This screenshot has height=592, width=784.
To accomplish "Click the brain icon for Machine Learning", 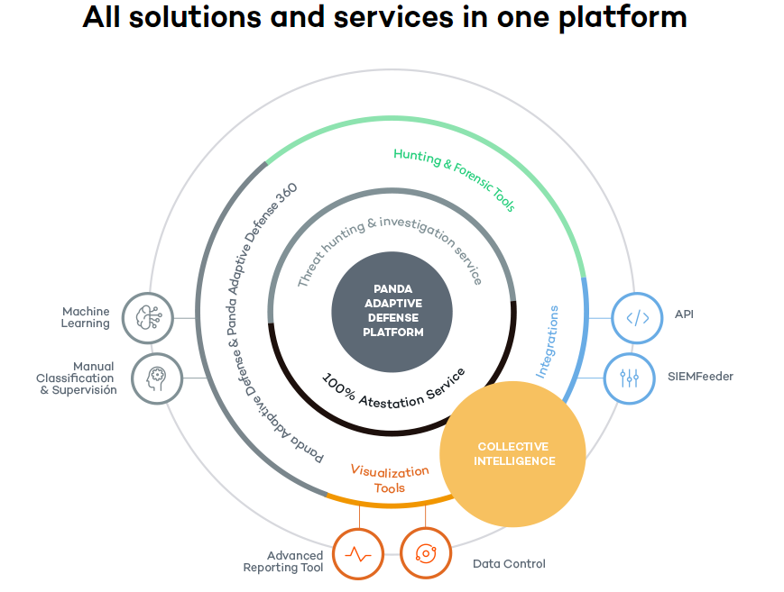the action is [148, 318].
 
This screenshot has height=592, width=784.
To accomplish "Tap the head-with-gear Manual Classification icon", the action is [157, 378].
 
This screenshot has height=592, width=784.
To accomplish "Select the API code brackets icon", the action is [638, 318].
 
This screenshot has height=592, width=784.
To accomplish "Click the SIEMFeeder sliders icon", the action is [630, 378].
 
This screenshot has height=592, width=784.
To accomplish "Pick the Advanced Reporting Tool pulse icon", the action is [358, 554].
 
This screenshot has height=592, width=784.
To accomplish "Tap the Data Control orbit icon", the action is [426, 553].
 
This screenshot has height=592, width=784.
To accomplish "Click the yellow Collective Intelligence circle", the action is [513, 454].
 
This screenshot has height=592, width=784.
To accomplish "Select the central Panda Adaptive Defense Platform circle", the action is [392, 312].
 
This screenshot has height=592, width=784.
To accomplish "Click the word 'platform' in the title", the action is [623, 18].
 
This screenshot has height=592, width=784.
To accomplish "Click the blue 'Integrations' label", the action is [548, 342].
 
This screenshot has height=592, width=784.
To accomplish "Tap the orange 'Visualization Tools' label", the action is [390, 479].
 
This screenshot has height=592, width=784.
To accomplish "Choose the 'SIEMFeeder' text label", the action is [700, 377].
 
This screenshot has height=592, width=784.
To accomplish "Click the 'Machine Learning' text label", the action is [86, 318].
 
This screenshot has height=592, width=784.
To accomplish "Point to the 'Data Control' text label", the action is [509, 564].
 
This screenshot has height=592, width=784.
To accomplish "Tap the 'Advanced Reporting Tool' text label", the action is [283, 561].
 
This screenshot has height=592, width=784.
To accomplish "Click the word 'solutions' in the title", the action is [195, 17].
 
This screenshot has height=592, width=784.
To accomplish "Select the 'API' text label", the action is [684, 314].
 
